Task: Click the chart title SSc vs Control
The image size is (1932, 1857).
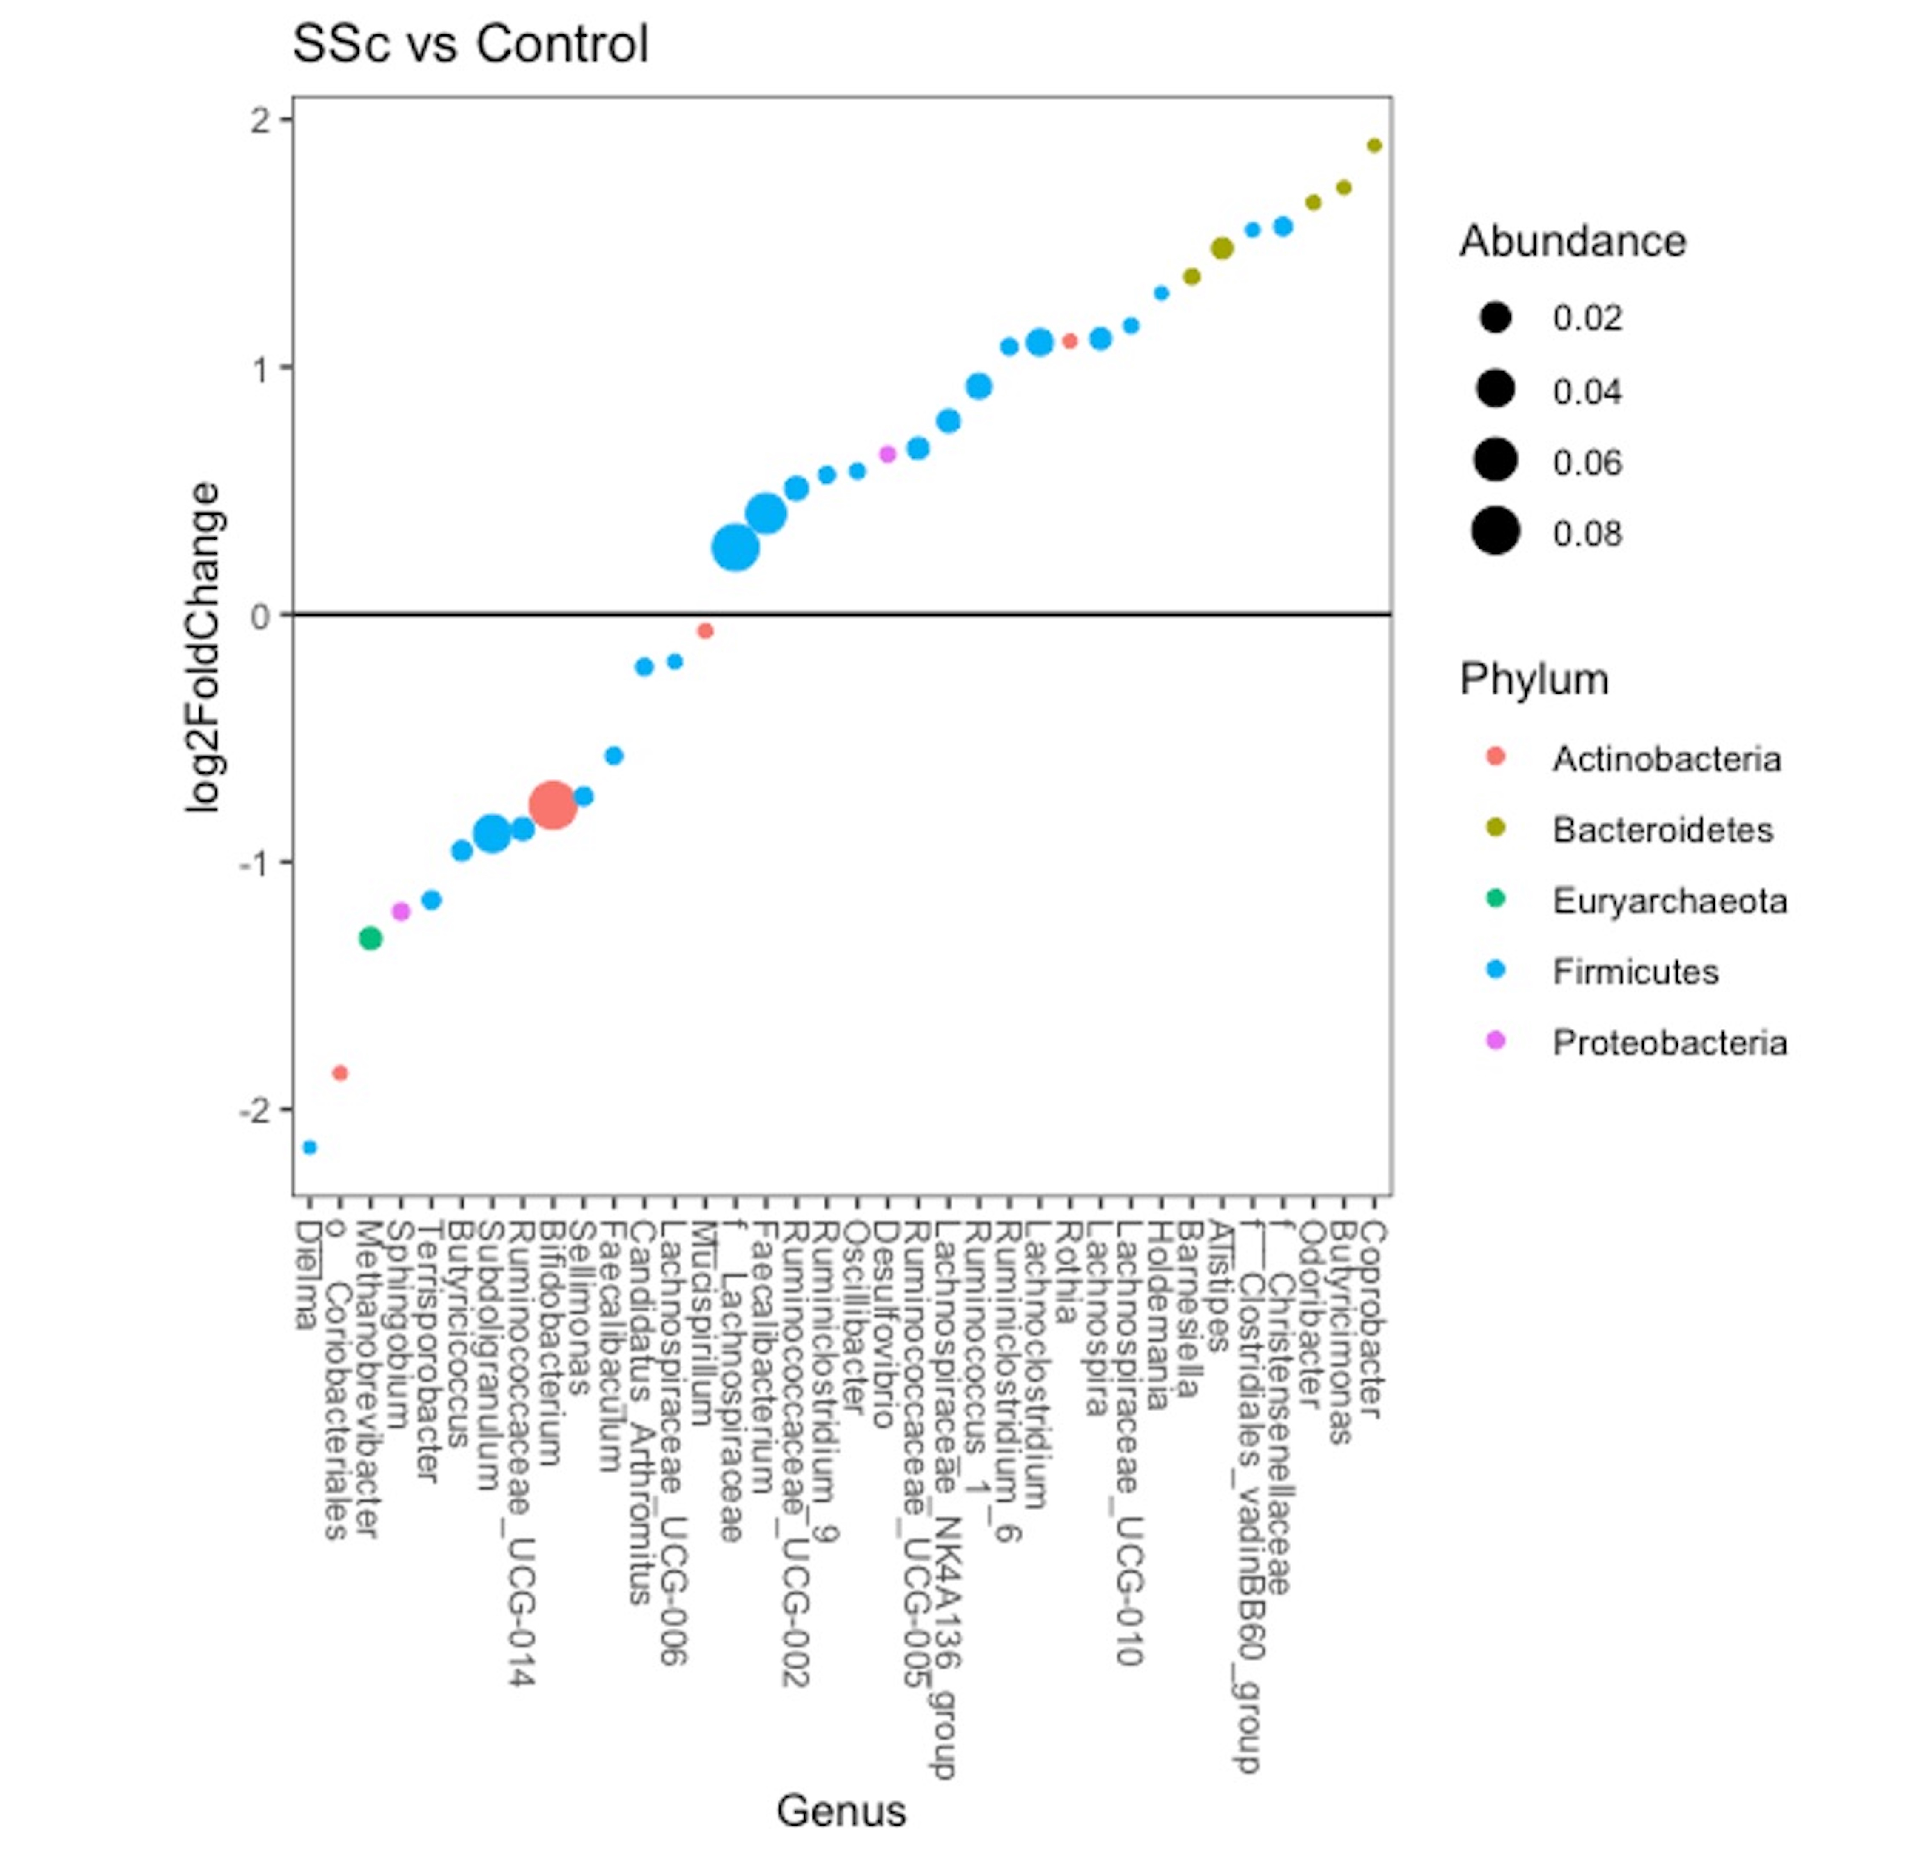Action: [470, 44]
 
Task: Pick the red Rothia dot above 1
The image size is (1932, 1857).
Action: [1069, 341]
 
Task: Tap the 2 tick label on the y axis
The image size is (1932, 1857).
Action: [260, 120]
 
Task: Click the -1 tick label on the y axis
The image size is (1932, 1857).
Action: [254, 862]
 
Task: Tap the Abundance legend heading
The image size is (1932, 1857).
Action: [1572, 242]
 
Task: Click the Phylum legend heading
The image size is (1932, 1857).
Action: [1534, 679]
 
